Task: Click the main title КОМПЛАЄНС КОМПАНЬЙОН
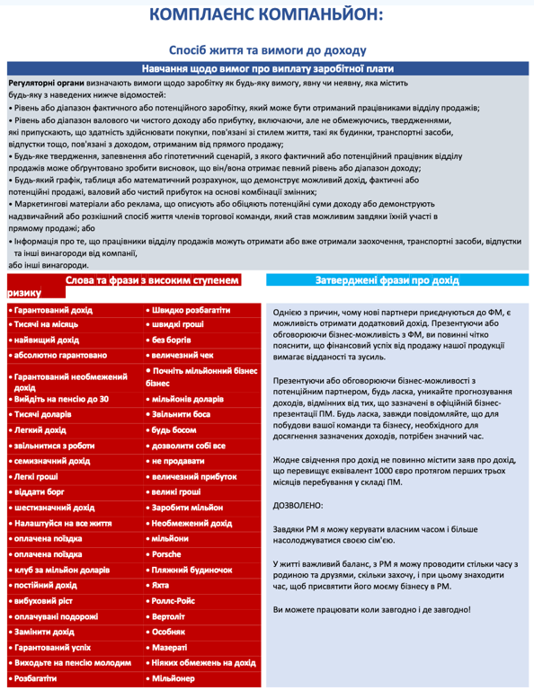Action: tap(267, 15)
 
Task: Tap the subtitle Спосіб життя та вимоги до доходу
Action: tap(266, 50)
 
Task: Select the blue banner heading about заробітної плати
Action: tap(267, 69)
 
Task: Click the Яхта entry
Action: tap(163, 586)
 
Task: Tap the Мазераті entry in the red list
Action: tap(170, 648)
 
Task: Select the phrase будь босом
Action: tap(172, 429)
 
